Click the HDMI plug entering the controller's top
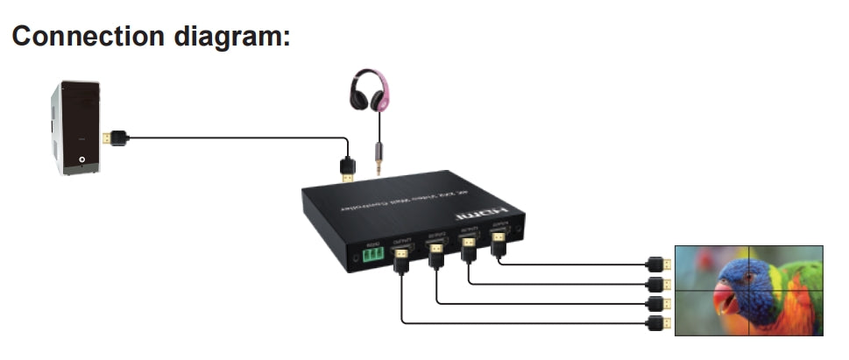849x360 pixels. coord(348,168)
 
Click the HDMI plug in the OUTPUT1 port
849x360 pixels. coord(401,258)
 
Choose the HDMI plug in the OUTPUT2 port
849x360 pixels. coord(437,253)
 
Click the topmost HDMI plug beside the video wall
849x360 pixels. coord(659,263)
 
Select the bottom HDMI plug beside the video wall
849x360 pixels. coord(659,324)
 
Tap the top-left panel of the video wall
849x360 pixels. coord(712,267)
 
